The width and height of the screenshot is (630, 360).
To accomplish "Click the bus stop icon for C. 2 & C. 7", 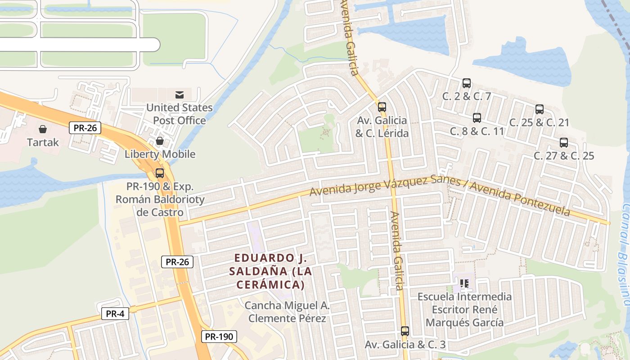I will [467, 83].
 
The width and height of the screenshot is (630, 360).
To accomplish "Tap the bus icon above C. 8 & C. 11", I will [477, 118].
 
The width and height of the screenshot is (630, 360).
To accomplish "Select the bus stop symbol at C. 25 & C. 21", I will [540, 109].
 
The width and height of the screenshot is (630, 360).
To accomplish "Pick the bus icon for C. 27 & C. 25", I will [564, 143].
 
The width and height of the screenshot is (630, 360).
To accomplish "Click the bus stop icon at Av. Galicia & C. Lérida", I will [382, 107].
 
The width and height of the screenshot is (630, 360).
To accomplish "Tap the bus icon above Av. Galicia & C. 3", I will [405, 331].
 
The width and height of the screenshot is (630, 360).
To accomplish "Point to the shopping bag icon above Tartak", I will [43, 130].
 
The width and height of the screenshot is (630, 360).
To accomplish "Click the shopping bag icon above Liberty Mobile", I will [160, 141].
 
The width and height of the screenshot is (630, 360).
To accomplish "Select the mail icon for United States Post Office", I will [180, 94].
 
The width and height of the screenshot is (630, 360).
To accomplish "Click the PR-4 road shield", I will [115, 314].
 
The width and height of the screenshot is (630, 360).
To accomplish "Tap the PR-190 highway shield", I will [219, 336].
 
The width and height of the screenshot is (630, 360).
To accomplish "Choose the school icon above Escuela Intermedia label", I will [464, 283].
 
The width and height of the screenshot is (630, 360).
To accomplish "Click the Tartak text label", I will [43, 143].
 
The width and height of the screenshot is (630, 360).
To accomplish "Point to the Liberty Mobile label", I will [160, 154].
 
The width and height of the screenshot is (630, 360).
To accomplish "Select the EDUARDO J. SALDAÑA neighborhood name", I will [270, 271].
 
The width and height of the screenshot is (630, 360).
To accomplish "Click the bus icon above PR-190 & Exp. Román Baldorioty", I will [160, 173].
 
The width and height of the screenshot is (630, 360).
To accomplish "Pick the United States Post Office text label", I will [180, 114].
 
